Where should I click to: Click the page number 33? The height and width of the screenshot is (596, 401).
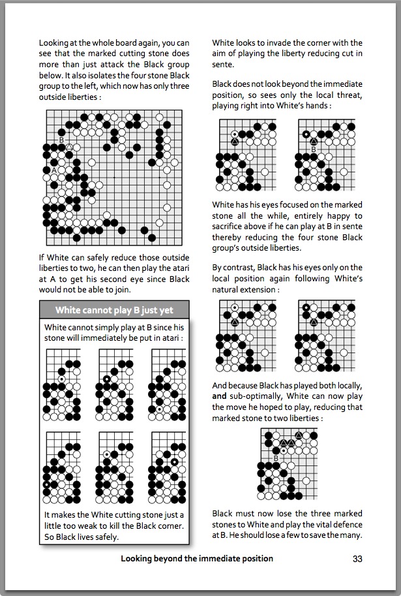357,559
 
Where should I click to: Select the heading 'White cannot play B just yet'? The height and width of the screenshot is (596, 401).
114,310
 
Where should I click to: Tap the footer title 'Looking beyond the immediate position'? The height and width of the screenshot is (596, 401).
197,559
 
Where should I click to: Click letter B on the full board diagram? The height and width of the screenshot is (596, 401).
61,140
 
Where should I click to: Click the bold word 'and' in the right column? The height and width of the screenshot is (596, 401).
219,396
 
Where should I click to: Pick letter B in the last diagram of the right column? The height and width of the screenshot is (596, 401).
276,458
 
